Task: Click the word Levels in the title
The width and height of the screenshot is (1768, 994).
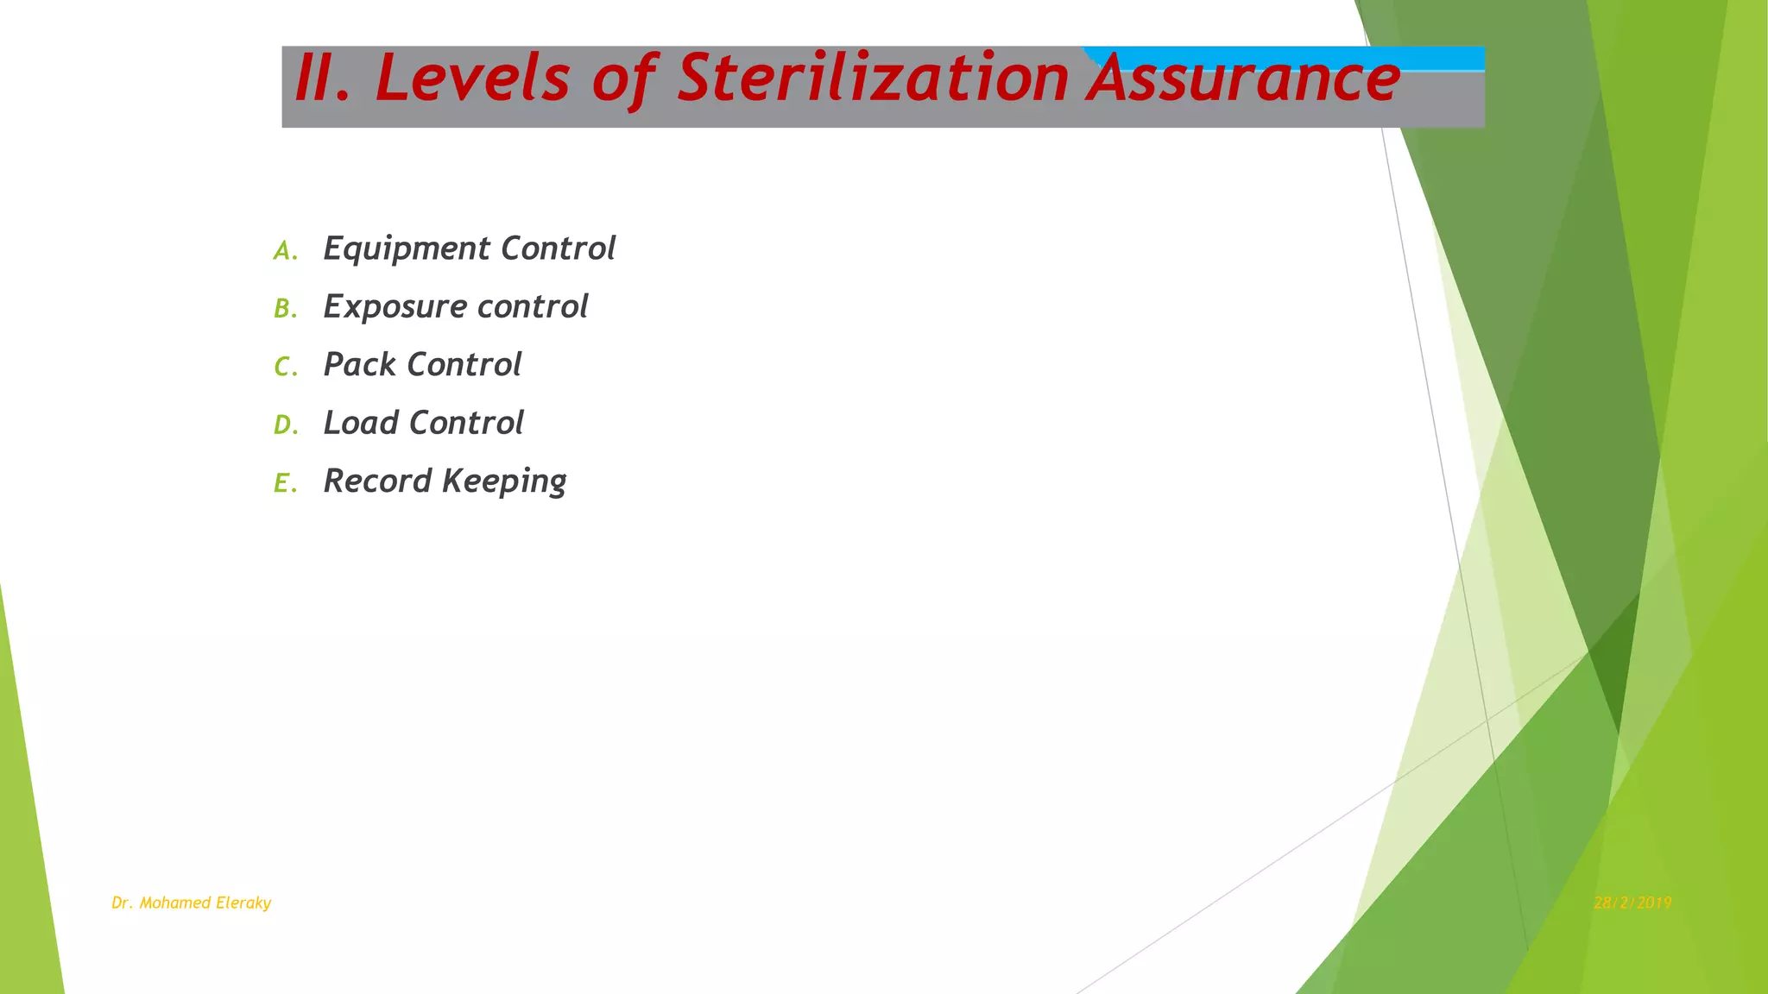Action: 472,79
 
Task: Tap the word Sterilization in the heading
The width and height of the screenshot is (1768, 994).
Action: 873,79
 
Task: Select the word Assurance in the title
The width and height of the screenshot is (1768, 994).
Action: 1243,80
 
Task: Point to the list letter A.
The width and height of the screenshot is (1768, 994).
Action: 284,251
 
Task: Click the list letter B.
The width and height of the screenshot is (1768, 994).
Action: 284,309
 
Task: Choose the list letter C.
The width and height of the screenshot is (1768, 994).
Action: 284,368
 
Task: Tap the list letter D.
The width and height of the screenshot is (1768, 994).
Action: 284,425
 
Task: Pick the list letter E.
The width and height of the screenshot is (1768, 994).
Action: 284,483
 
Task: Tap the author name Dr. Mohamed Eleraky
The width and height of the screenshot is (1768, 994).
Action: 191,903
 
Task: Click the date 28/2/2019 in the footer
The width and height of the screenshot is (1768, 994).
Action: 1632,903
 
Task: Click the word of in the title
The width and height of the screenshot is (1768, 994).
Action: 625,80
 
